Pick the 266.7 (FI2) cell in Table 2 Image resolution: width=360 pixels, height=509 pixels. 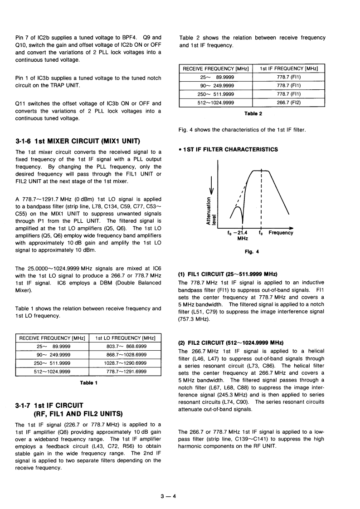click(x=289, y=103)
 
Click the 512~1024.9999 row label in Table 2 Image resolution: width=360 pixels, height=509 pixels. click(x=216, y=103)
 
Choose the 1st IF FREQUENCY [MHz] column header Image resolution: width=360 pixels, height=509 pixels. click(x=289, y=69)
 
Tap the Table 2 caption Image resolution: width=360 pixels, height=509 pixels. click(x=253, y=114)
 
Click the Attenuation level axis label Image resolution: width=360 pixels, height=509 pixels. click(x=211, y=210)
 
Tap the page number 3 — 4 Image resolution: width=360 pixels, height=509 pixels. click(x=168, y=496)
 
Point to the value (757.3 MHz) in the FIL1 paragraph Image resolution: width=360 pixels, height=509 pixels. click(x=195, y=319)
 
